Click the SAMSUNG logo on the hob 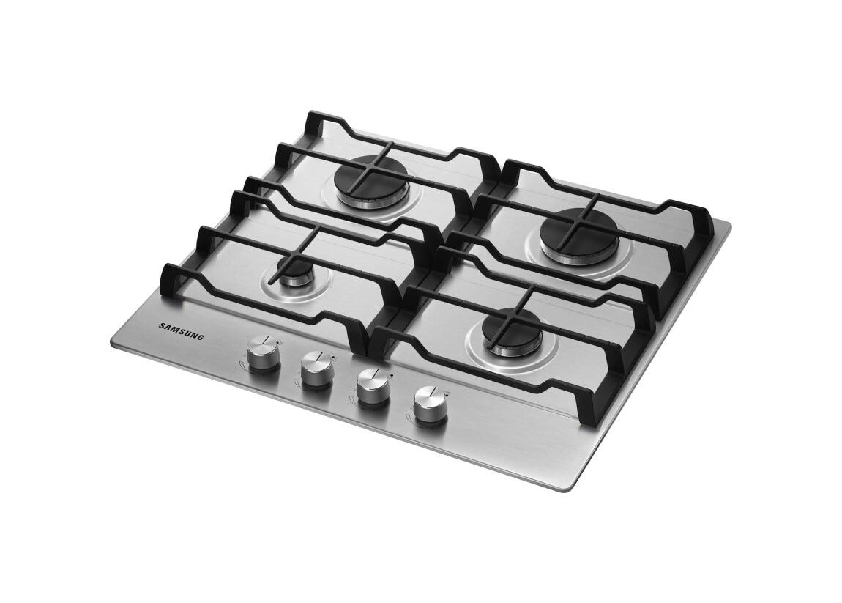[182, 331]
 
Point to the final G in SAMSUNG [201, 337]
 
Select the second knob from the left [316, 369]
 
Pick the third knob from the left [373, 386]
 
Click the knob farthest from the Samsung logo [430, 405]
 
